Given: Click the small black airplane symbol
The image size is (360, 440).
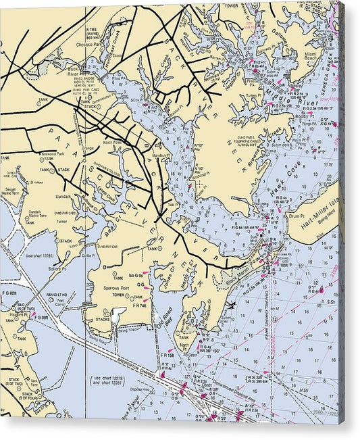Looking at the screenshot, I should point(232,305).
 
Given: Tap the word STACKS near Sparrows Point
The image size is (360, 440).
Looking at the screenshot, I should point(103,320).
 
